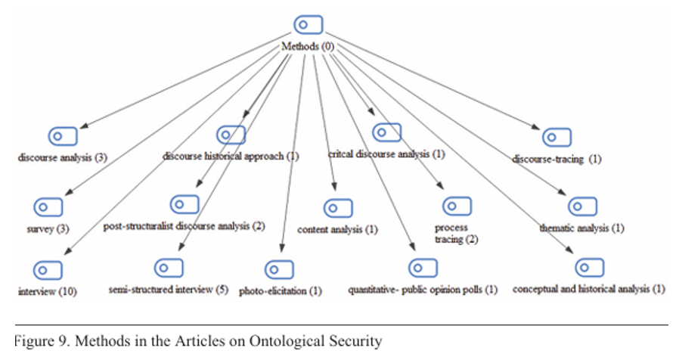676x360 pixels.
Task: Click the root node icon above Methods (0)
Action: pos(308,25)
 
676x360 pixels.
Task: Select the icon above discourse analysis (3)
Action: pos(64,137)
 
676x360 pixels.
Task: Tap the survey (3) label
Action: pos(37,228)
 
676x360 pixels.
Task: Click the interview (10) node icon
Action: pos(48,269)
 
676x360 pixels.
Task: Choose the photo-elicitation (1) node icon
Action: pos(279,269)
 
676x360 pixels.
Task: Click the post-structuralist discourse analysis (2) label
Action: pos(185,225)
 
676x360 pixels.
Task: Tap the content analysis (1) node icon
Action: pos(338,208)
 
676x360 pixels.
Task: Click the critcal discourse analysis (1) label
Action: pos(386,154)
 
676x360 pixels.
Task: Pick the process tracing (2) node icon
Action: pos(457,206)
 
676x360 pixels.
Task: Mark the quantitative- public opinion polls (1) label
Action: pos(423,289)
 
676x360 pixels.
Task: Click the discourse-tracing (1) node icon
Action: pos(556,138)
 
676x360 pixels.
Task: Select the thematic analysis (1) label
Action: pos(581,227)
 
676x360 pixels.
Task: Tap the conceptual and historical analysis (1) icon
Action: pos(589,268)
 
